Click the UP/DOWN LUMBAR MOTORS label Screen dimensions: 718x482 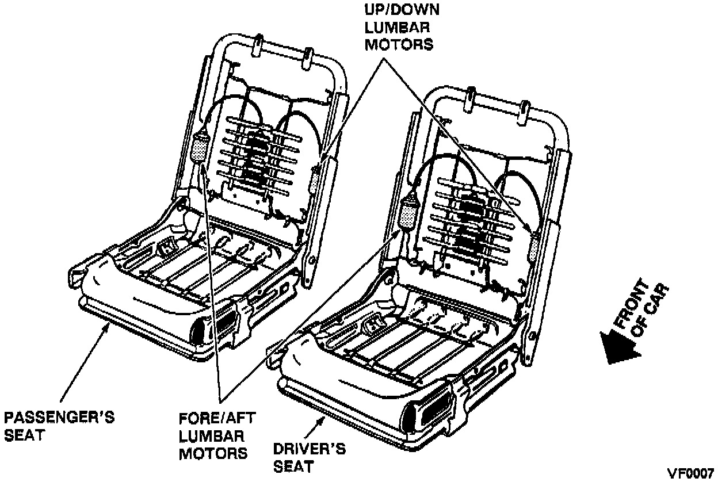tap(398, 27)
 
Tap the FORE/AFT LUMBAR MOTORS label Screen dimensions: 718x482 tap(213, 435)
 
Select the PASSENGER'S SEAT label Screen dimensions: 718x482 tap(59, 426)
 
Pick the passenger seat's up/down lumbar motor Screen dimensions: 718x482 tap(316, 178)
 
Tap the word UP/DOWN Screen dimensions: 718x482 tap(398, 10)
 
